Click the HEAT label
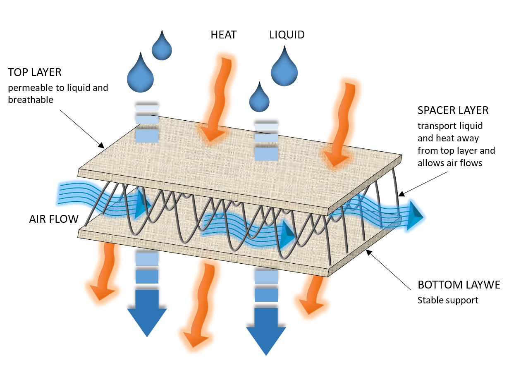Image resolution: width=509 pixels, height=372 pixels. (x=224, y=35)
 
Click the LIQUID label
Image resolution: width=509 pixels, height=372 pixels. (x=287, y=35)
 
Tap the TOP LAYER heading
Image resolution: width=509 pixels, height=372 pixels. (x=35, y=72)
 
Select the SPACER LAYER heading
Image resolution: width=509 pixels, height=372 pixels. (x=453, y=111)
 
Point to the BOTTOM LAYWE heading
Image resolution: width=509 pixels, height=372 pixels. (x=459, y=285)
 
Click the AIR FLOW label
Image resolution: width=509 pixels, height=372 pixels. (x=54, y=219)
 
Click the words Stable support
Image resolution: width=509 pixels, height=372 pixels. (x=448, y=300)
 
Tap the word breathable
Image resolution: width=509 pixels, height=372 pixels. (x=31, y=100)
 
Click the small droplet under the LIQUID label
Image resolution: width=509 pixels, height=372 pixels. (x=259, y=97)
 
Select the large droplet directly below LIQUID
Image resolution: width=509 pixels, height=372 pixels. (x=284, y=66)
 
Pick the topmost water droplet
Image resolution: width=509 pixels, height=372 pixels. (x=162, y=45)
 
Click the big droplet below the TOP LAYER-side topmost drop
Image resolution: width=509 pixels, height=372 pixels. (x=141, y=73)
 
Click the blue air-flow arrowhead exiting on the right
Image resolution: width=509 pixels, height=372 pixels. (x=414, y=215)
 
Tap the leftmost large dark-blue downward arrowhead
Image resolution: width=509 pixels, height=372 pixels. (x=147, y=322)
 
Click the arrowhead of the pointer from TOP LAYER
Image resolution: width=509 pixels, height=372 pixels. (x=101, y=145)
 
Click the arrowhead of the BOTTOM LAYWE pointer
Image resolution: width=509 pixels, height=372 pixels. (x=369, y=253)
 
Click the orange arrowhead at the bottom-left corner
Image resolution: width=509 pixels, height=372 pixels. (x=101, y=293)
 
